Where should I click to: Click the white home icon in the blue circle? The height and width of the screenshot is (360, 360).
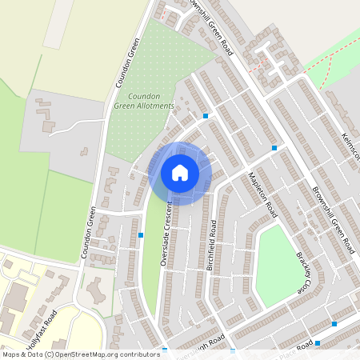pos(180,172)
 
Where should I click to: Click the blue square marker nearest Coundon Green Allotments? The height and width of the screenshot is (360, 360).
pos(206,115)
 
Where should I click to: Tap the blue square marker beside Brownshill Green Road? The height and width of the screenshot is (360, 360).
pos(274,147)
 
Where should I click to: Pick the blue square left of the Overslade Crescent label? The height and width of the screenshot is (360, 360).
pos(141,235)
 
